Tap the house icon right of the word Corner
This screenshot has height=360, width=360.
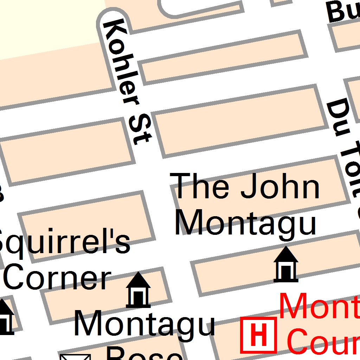tap(138, 290)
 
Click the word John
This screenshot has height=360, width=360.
tap(280, 187)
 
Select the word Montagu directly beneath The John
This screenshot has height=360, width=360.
tap(245, 222)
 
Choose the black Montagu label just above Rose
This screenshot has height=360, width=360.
tap(144, 324)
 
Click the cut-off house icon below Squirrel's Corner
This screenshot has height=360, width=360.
tap(5, 316)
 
